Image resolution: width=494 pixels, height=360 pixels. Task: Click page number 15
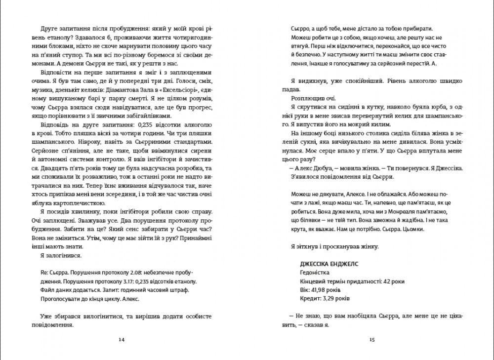tap(372, 339)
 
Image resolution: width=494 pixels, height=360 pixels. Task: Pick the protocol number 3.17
tap(119, 281)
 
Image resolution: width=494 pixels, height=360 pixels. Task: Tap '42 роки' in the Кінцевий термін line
tap(394, 281)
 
